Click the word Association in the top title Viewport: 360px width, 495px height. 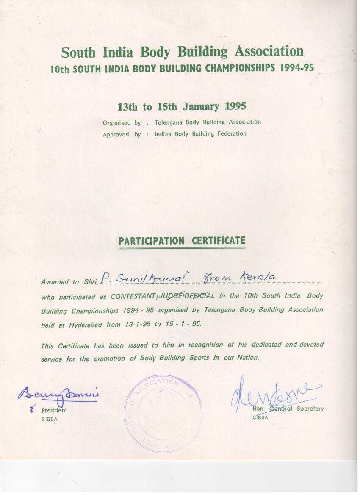pos(269,52)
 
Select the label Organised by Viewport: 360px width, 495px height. pos(122,123)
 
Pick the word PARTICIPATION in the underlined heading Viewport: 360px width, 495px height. pos(152,241)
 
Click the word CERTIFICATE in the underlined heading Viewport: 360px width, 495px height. pos(219,241)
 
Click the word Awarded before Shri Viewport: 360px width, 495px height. pos(54,282)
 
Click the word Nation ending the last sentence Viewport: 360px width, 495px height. pos(247,357)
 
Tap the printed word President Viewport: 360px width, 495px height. pos(54,410)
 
